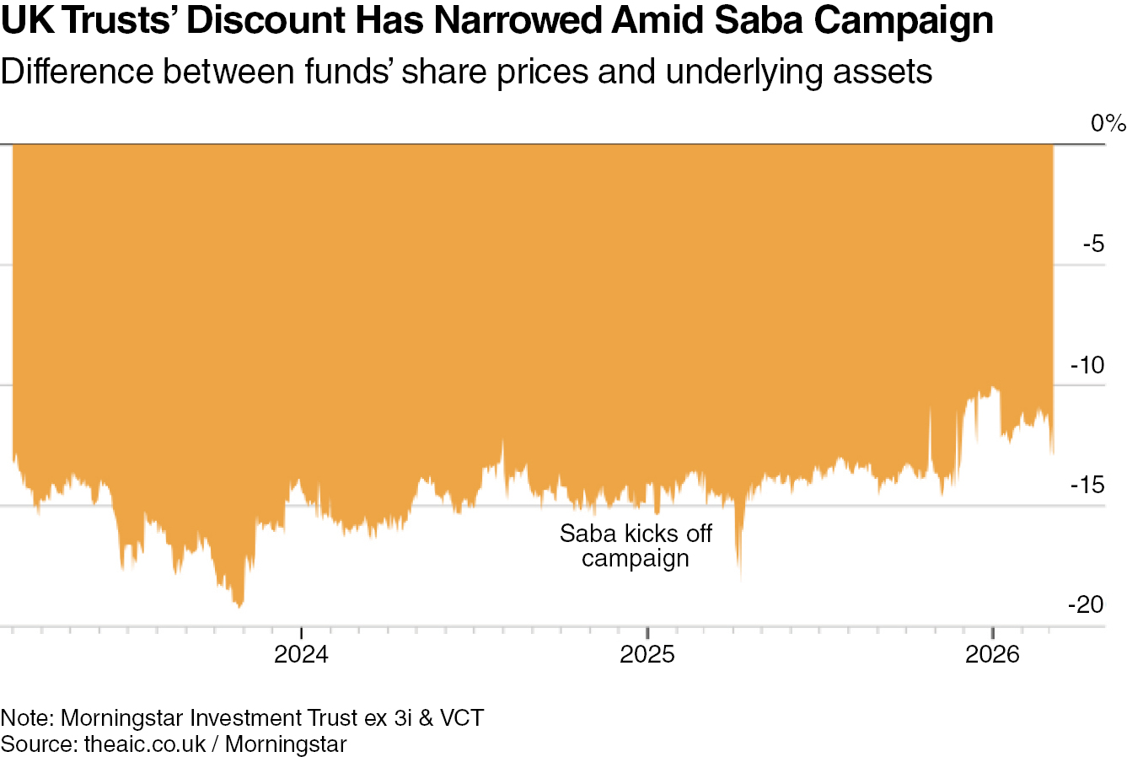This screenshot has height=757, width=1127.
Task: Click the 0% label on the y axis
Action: pyautogui.click(x=1108, y=124)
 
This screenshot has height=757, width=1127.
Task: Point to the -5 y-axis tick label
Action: pyautogui.click(x=1092, y=244)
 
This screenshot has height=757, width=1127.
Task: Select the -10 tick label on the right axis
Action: pyautogui.click(x=1087, y=365)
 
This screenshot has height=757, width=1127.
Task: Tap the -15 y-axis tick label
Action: pyautogui.click(x=1087, y=485)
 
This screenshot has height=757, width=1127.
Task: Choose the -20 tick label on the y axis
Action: pyautogui.click(x=1085, y=604)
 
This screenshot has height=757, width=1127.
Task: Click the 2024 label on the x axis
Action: pyautogui.click(x=301, y=654)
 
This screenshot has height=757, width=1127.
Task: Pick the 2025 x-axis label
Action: pyautogui.click(x=647, y=654)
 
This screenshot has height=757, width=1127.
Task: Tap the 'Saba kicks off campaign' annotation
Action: pyautogui.click(x=636, y=545)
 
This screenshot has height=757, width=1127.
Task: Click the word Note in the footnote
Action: pyautogui.click(x=24, y=718)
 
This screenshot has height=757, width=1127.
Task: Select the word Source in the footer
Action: pyautogui.click(x=36, y=744)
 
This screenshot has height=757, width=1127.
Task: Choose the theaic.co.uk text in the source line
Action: pyautogui.click(x=145, y=744)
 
